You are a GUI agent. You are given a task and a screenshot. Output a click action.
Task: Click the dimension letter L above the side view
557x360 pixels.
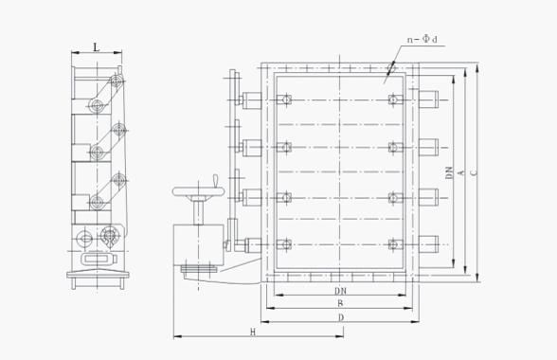coord(97,47)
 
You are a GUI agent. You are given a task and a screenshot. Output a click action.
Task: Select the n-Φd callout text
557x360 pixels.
coord(422,39)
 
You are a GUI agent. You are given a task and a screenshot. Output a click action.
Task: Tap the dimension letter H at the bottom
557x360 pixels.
coord(253,333)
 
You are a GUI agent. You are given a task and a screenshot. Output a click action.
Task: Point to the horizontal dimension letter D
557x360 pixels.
coord(341,317)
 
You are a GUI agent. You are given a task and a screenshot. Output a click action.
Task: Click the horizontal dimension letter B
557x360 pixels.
coord(340,303)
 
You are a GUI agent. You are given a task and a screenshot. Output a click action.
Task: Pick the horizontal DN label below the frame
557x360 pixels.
coord(340,291)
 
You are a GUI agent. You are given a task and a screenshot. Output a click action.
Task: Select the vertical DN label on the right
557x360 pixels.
coord(450,172)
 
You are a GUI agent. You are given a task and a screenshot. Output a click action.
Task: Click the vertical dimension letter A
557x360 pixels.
coord(460,172)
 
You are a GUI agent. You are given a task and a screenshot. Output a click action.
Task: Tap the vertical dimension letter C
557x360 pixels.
coord(474,172)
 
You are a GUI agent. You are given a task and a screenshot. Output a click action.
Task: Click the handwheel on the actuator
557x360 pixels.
coord(199,191)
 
